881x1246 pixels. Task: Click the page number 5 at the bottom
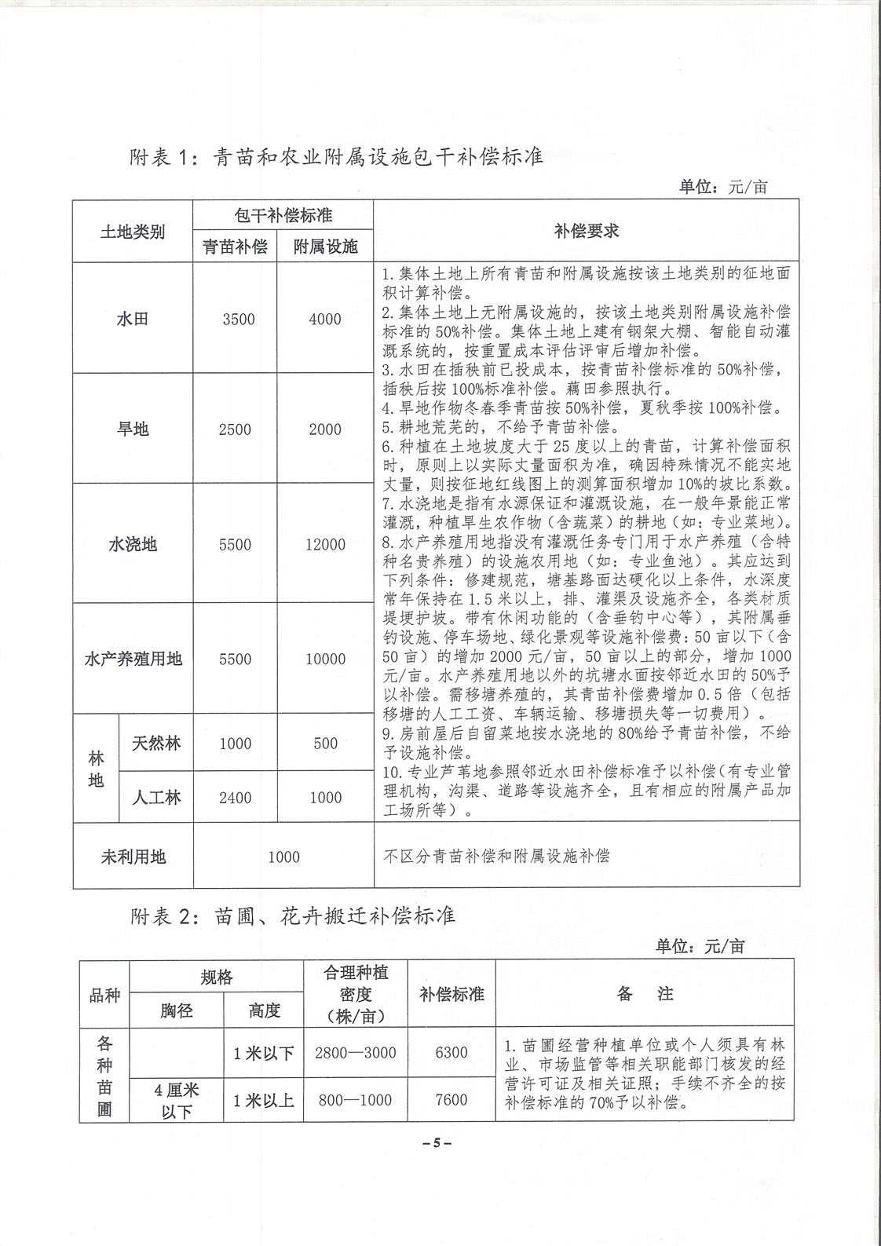coord(440,1143)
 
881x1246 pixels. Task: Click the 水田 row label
coord(132,319)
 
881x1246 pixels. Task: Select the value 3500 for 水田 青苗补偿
coord(238,319)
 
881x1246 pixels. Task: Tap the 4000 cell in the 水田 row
coord(325,319)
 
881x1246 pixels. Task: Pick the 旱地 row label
coord(132,429)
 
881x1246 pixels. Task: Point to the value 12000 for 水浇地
coord(325,544)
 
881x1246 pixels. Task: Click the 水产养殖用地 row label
coord(133,659)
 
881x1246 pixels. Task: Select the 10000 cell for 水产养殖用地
coord(325,659)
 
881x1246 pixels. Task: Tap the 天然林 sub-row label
coord(155,743)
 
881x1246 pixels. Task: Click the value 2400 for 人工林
coord(236,798)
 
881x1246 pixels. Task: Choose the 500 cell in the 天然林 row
coord(325,743)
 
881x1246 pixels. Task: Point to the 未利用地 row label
coord(133,857)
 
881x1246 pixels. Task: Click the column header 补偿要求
coord(586,231)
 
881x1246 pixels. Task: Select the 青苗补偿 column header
coord(235,247)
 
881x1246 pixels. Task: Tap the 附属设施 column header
coord(325,247)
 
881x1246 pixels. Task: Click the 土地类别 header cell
coord(133,232)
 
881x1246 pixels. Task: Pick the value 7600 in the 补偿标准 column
coord(451,1100)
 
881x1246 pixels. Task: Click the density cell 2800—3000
coord(355,1053)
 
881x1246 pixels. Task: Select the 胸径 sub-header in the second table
coord(177,1010)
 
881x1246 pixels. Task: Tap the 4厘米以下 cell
coord(177,1100)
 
